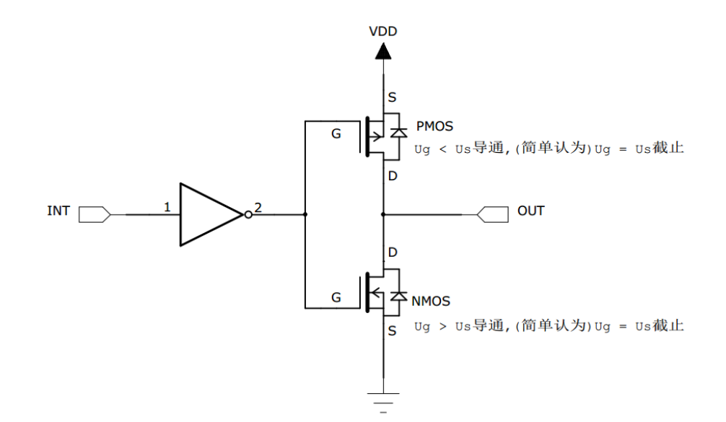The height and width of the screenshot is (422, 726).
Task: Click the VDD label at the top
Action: click(382, 32)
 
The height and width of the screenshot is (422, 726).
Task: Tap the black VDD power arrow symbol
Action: click(382, 51)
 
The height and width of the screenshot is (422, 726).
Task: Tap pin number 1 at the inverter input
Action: click(167, 207)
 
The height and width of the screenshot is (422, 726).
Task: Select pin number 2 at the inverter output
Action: click(258, 207)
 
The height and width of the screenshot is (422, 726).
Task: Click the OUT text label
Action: click(530, 212)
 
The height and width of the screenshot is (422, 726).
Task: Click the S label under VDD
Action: click(392, 97)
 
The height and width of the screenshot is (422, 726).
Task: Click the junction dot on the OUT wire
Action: click(382, 214)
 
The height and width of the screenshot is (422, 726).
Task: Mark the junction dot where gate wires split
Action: click(306, 214)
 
